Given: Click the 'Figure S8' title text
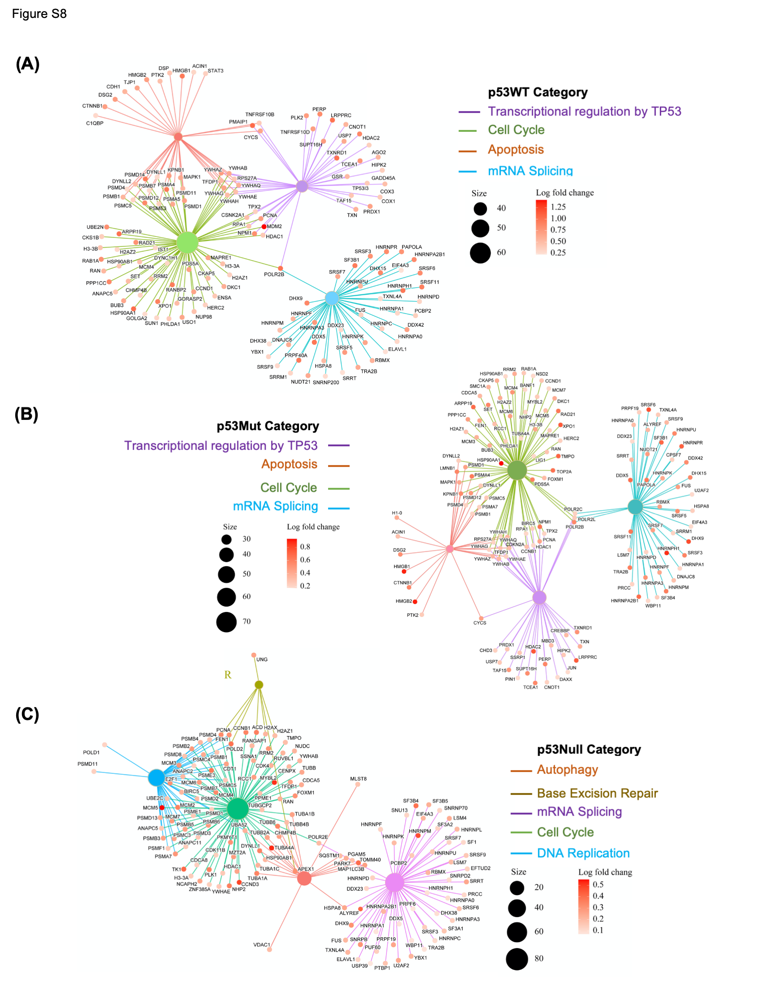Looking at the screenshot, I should [x=39, y=14].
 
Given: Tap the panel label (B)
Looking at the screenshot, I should [x=26, y=415].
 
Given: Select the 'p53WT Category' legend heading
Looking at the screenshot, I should [x=537, y=93].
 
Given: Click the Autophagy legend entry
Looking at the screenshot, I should [x=567, y=769].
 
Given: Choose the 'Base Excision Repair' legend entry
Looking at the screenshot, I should [x=597, y=793].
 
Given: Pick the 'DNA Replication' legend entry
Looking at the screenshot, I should [x=583, y=853].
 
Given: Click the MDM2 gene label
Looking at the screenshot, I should [x=274, y=227].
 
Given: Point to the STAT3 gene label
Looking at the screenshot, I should [x=215, y=71].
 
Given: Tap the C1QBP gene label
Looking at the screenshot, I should [x=95, y=123].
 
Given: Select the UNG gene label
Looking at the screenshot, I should [x=262, y=659].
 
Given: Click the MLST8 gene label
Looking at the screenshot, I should [x=359, y=779].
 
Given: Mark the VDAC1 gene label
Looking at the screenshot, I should [x=262, y=944].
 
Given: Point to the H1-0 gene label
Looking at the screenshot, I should [x=397, y=513].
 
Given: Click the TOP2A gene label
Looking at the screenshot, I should [x=564, y=472].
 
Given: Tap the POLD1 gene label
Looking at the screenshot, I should [x=91, y=752].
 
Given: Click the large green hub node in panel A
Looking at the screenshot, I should [x=187, y=243].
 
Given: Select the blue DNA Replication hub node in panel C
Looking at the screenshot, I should [x=157, y=777].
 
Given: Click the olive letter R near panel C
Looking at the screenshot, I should [x=228, y=675].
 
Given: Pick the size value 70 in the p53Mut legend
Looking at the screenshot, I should [x=246, y=621].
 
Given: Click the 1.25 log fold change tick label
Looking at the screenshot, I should [x=558, y=207].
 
